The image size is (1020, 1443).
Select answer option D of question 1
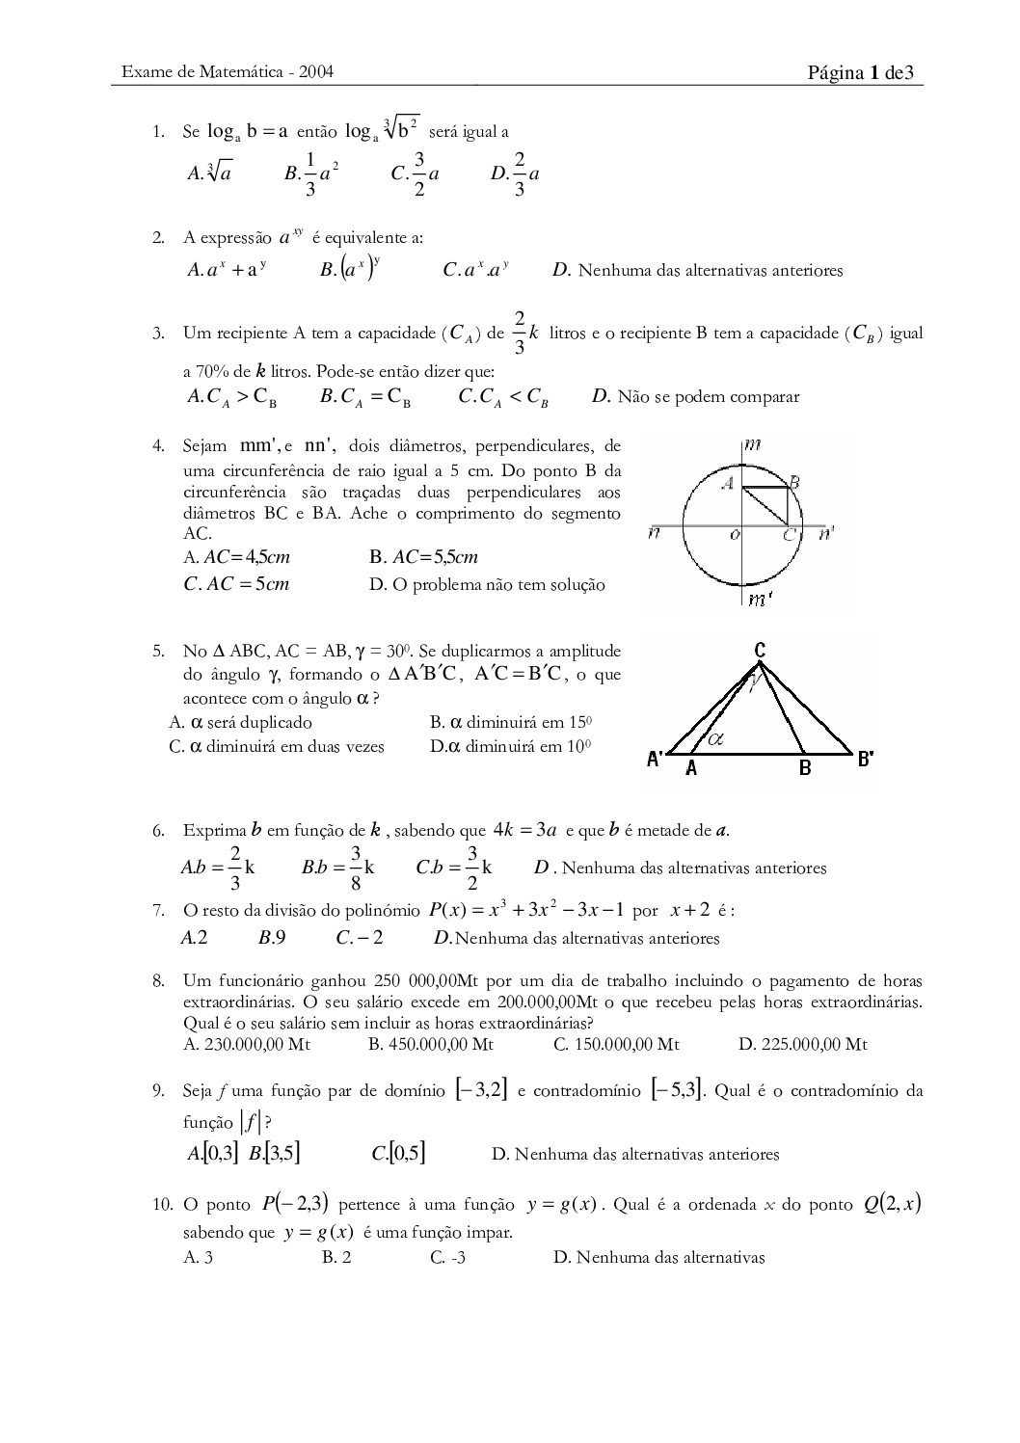pos(515,174)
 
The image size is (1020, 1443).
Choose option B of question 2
pos(351,270)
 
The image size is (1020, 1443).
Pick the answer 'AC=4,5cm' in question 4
pos(237,557)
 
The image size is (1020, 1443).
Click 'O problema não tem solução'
pos(488,584)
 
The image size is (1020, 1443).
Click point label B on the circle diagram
pos(794,482)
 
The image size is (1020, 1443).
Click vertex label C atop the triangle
pos(760,651)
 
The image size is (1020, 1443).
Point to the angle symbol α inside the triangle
pos(715,739)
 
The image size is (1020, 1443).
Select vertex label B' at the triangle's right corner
pos(866,759)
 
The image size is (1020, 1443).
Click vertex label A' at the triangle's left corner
pos(655,760)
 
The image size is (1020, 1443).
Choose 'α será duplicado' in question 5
pos(241,722)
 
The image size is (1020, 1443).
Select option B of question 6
pos(338,867)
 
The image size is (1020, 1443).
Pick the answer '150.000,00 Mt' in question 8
pos(617,1044)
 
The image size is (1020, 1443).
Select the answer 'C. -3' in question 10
pos(448,1257)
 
